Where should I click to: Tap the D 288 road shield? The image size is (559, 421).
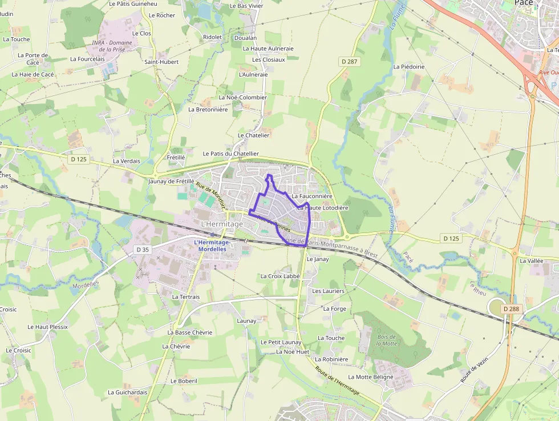coord(511,309)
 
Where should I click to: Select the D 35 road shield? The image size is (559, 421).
coord(143,250)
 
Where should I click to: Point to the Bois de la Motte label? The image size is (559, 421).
coord(387,340)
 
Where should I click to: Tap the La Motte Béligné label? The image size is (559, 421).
coord(371,377)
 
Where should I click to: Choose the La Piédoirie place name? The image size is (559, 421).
coord(409,67)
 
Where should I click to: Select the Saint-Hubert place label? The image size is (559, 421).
coord(161,62)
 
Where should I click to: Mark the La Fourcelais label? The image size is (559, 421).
coord(87,59)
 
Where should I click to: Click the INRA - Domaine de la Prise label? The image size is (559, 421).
coord(112,46)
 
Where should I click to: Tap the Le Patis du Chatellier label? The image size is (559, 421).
coord(230,154)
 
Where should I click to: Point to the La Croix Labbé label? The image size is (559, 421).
coord(280,276)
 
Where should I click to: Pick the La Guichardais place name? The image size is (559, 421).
coord(128,392)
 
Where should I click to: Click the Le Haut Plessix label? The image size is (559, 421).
coord(47,327)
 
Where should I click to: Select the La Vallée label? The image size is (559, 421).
coord(531,260)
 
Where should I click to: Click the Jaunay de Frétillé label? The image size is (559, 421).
coord(171,181)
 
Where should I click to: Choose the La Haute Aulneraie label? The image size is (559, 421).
coord(268,49)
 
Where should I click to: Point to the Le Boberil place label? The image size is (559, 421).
coord(184,380)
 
